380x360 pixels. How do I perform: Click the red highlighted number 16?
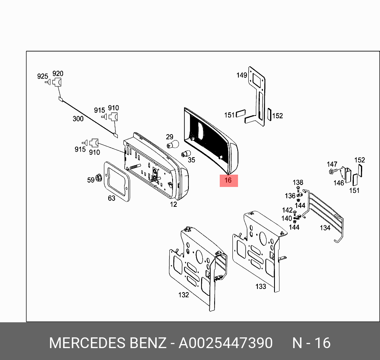(228, 181)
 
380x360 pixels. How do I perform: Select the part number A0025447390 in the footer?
(225, 343)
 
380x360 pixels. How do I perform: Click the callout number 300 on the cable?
(78, 118)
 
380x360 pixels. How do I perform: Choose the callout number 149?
(242, 75)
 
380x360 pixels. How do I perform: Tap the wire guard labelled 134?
(325, 216)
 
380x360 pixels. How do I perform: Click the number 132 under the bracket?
(184, 295)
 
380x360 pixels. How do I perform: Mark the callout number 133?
(260, 287)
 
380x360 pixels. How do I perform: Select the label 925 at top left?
(42, 76)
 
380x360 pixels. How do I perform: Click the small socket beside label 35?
(184, 154)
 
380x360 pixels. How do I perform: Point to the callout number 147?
(332, 164)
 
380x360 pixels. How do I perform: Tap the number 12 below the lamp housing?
(173, 204)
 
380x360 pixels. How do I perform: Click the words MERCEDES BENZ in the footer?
(107, 343)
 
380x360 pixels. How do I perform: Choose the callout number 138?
(298, 183)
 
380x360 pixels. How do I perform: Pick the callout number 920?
(58, 73)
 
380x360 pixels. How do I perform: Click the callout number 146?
(338, 183)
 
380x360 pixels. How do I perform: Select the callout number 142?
(287, 210)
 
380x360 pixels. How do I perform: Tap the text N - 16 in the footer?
(311, 343)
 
